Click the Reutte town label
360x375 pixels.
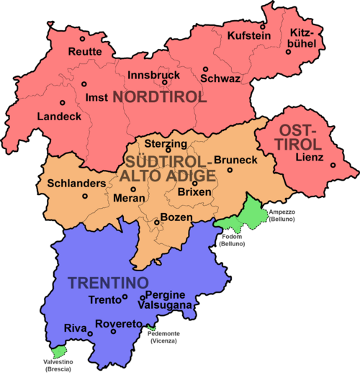(85, 51)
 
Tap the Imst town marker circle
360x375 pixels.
(84, 83)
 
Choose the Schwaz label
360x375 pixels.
(221, 78)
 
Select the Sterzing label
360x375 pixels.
(167, 143)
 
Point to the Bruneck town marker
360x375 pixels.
(230, 171)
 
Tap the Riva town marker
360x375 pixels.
(90, 333)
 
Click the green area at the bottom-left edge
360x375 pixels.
(60, 351)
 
